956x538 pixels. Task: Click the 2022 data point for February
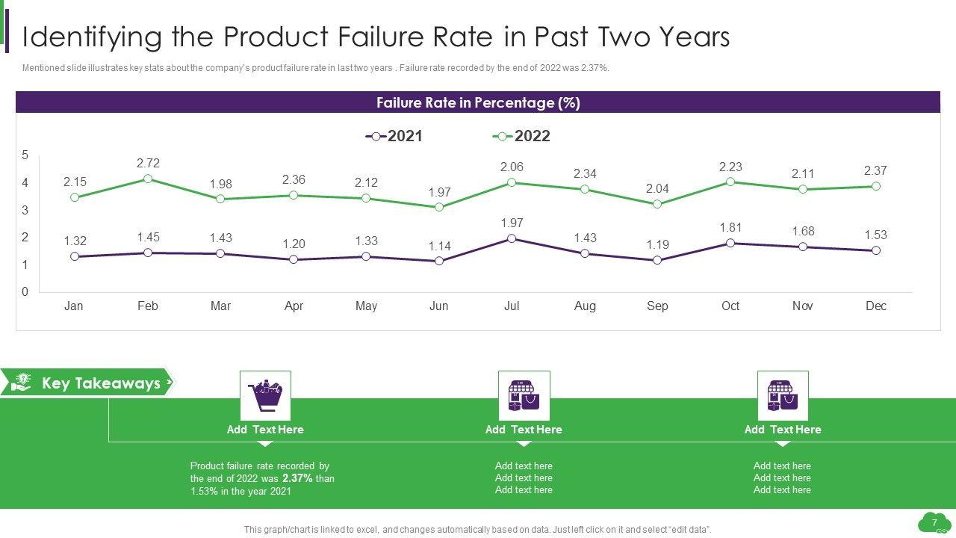point(148,179)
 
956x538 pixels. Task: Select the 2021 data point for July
point(512,238)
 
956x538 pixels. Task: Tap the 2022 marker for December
point(876,186)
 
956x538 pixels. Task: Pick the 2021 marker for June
point(439,261)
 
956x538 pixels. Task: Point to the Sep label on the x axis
point(657,306)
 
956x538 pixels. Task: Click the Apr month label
point(294,306)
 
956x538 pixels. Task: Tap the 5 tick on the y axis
point(25,155)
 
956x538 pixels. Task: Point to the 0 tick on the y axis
point(25,292)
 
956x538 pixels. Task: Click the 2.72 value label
point(148,163)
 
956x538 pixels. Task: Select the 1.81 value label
point(730,227)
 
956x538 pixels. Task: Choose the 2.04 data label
point(657,188)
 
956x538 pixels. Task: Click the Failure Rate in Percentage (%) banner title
point(478,102)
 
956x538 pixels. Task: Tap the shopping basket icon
point(265,395)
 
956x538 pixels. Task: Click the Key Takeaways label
point(101,383)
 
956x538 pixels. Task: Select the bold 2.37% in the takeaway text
point(297,478)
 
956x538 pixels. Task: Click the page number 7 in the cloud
point(934,522)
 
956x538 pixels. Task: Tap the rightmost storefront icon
point(783,395)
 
